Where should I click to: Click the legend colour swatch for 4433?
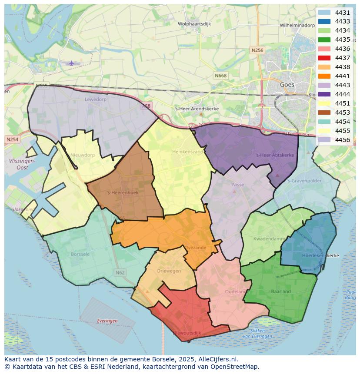click(324, 21)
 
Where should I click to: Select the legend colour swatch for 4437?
click(324, 58)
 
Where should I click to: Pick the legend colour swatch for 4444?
click(324, 94)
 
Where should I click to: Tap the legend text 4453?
click(343, 113)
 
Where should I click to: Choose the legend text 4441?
click(343, 76)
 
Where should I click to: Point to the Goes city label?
click(287, 85)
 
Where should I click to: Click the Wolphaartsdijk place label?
click(194, 24)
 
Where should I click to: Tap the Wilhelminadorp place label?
click(297, 26)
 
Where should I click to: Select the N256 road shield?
click(257, 50)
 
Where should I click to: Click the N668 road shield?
click(220, 76)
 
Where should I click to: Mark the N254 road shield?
click(12, 139)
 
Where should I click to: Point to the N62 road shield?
click(120, 272)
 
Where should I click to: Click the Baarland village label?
click(281, 291)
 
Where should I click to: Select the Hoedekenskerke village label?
click(320, 255)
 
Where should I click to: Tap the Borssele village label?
click(80, 254)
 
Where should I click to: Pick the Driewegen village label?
click(169, 271)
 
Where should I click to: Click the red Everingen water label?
click(107, 321)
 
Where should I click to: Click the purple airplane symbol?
click(72, 63)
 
